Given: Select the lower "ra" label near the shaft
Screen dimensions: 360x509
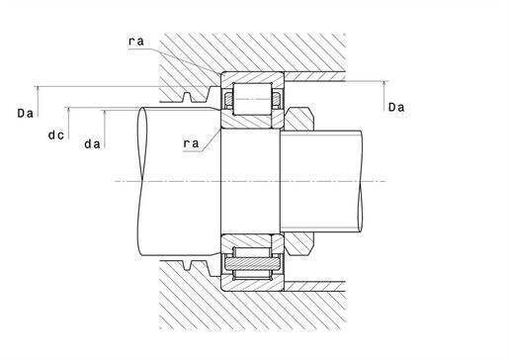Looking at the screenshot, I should (x=191, y=142).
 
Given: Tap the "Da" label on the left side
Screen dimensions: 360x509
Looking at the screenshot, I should (x=27, y=116).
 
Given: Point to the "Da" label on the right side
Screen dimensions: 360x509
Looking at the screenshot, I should (x=396, y=107).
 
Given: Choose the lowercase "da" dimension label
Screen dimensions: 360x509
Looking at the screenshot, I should (x=93, y=144).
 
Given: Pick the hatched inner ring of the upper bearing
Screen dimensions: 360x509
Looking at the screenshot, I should (x=252, y=116).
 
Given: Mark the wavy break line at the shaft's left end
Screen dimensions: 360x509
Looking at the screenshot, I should (x=142, y=180).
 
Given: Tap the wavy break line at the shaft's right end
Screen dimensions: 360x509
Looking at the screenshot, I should (x=365, y=180).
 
